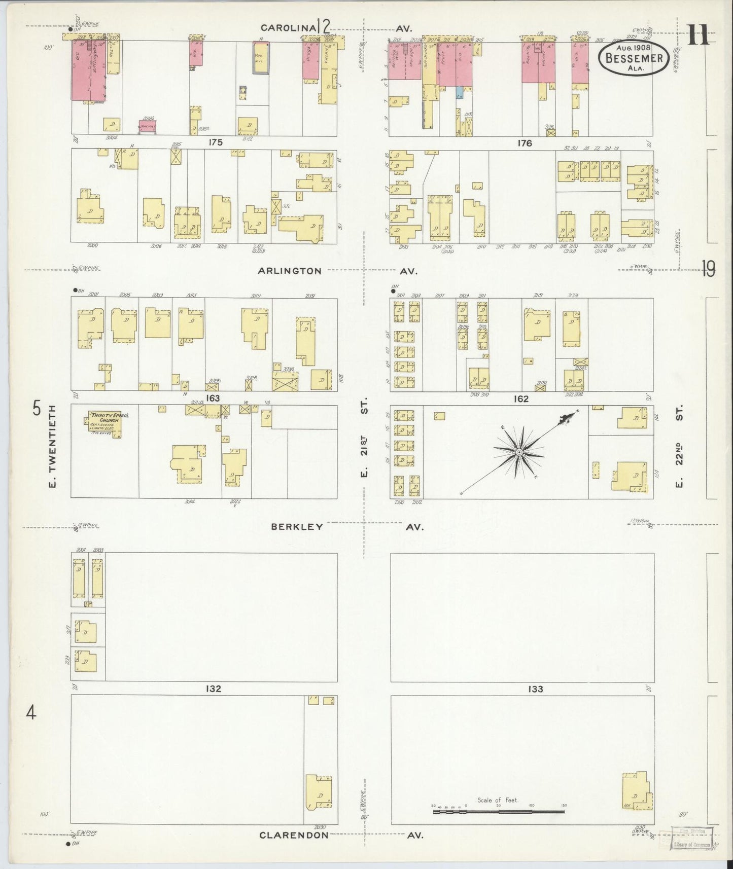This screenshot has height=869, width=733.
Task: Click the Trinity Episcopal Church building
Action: click(104, 424)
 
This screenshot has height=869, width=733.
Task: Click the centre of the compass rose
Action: click(519, 451)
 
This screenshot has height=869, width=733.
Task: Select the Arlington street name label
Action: click(289, 271)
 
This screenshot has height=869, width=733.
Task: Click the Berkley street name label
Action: click(297, 526)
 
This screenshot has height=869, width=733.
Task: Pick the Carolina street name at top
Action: click(285, 27)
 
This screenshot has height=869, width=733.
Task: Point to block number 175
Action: click(215, 142)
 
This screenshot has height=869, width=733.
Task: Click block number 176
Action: click(525, 143)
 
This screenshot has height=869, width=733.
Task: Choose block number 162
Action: click(521, 399)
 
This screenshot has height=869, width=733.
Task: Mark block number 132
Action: click(213, 689)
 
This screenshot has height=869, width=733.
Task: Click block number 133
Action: click(535, 689)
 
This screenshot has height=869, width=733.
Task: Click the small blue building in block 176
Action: click(459, 92)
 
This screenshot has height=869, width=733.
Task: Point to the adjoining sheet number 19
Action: click(708, 269)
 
